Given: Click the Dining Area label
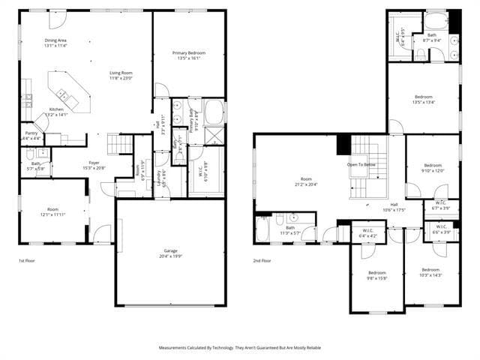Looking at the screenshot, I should (55, 40).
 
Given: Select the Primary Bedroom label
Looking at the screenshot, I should (188, 53).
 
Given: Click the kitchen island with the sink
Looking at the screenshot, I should (69, 91).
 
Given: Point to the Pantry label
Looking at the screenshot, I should (31, 133).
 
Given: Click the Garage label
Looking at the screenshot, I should (170, 250).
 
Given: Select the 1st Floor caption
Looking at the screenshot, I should (28, 261).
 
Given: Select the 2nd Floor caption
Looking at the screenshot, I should (262, 261).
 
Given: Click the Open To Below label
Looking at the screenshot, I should (361, 164).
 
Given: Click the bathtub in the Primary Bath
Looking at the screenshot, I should (214, 112).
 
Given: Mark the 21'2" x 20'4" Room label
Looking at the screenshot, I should (306, 179).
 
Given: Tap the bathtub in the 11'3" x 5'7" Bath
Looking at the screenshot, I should (265, 228).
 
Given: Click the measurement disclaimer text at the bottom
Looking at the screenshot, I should (240, 348).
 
